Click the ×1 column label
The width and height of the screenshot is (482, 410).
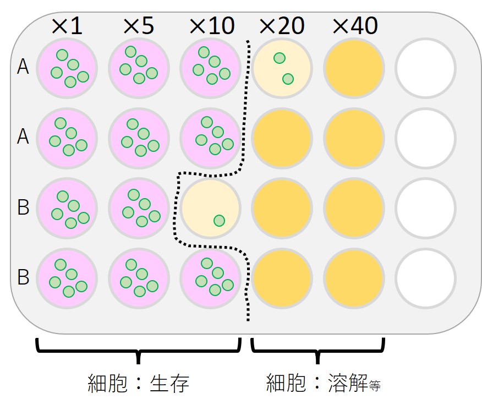(x=67, y=26)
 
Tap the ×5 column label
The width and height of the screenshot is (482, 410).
(x=138, y=26)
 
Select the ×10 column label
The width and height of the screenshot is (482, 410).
(x=211, y=26)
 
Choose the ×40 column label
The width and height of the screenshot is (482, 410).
(x=355, y=26)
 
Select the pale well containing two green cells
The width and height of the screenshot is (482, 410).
(x=282, y=68)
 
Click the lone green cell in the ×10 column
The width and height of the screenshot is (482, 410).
(x=219, y=221)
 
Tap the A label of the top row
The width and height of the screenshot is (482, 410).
(x=23, y=66)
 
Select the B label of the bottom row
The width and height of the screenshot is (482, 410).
(x=23, y=277)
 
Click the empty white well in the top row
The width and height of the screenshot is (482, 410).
(x=426, y=68)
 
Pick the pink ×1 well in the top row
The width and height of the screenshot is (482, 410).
(x=67, y=68)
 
